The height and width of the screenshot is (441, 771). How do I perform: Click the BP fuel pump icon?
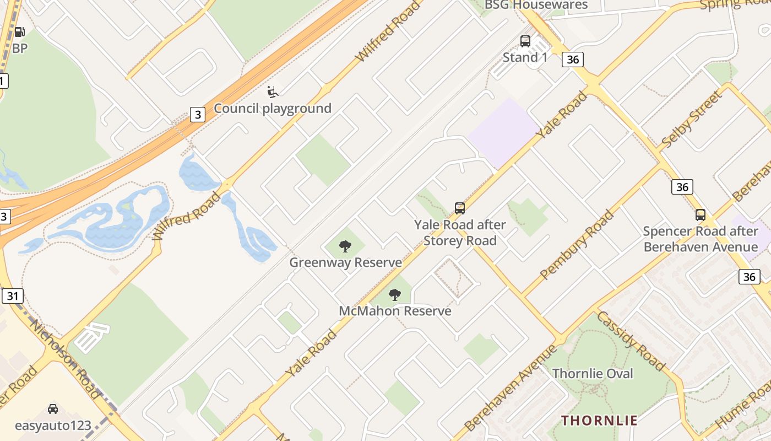19,32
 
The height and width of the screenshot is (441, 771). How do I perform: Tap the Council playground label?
273,108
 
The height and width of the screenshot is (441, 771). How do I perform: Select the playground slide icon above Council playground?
272,92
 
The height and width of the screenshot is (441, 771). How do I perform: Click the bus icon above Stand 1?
525,41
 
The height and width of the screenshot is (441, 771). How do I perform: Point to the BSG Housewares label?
536,5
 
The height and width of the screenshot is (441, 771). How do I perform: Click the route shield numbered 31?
13,296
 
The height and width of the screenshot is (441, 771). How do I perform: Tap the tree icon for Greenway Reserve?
345,246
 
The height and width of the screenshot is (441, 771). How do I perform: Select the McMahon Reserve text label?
395,311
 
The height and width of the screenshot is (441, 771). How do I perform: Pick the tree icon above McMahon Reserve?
395,294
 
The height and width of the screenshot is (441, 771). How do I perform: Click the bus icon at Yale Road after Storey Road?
460,208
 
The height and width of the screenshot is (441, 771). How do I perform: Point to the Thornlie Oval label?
593,373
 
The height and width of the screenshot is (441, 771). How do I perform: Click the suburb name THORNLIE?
599,421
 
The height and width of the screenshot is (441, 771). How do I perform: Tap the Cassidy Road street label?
631,340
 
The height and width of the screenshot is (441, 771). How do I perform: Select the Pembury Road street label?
577,244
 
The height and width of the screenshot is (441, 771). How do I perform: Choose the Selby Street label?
692,120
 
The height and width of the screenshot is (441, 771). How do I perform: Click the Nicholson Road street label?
65,358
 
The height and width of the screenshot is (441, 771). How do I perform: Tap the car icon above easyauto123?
53,409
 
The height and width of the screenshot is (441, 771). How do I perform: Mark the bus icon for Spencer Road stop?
701,214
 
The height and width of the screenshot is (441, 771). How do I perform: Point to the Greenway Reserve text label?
345,262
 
